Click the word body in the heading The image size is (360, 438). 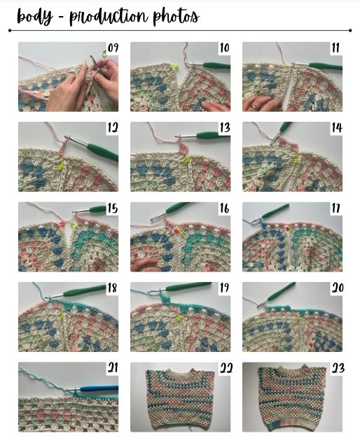pos(35,16)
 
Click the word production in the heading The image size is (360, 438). pos(109,17)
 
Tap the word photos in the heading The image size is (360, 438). pos(176,17)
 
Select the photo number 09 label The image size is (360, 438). pos(113,48)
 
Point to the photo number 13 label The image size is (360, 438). pos(225,127)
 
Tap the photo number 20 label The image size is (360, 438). pos(338,288)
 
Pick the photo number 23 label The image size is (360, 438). pos(338,369)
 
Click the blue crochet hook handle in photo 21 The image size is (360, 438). pos(99,388)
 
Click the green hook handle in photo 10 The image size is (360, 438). pos(216,66)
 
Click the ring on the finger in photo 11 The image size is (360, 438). pos(254,106)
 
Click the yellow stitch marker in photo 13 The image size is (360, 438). pos(186,160)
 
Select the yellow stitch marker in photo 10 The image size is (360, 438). pos(174,66)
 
